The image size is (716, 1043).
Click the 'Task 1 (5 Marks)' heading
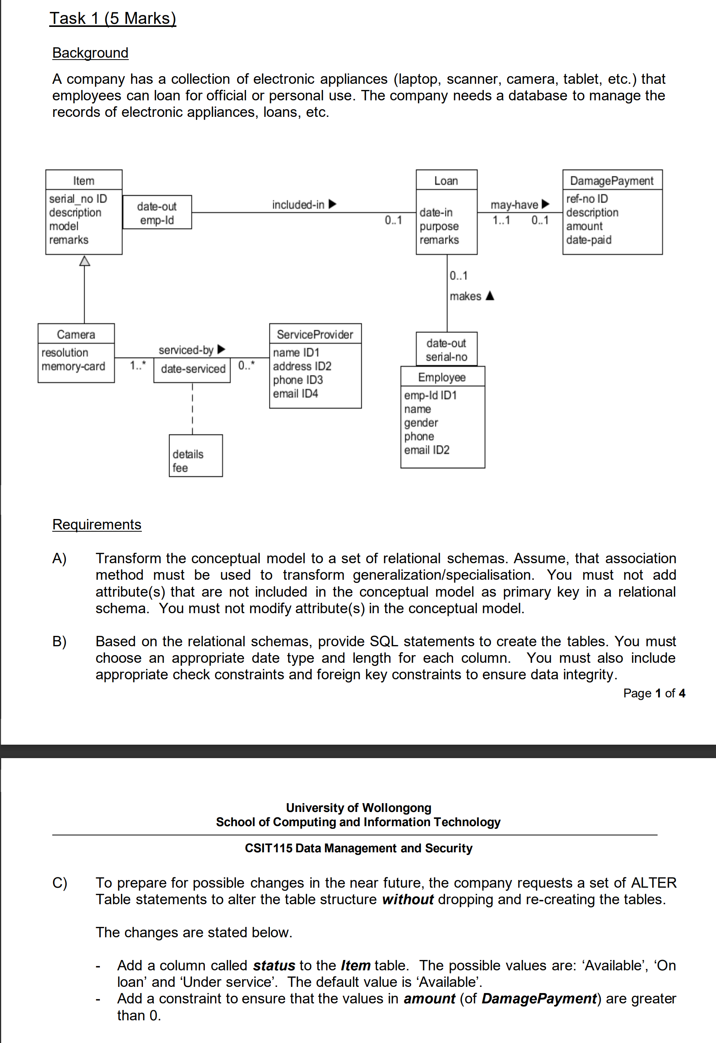pyautogui.click(x=113, y=18)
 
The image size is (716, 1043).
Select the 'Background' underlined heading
pyautogui.click(x=90, y=53)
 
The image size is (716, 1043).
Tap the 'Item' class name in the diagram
pyautogui.click(x=84, y=180)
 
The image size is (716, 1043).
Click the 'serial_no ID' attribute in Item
pyautogui.click(x=78, y=198)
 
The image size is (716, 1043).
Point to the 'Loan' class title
pyautogui.click(x=446, y=180)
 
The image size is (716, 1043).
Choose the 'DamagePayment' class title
pyautogui.click(x=611, y=180)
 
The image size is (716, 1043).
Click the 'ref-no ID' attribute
pyautogui.click(x=587, y=198)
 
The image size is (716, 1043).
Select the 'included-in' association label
pyautogui.click(x=298, y=205)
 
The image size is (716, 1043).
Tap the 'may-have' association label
pyautogui.click(x=514, y=205)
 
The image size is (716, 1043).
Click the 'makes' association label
pyautogui.click(x=465, y=296)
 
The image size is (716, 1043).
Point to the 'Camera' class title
pyautogui.click(x=76, y=334)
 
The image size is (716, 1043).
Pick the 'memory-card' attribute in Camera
pyautogui.click(x=73, y=366)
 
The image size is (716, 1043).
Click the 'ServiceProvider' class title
pyautogui.click(x=315, y=334)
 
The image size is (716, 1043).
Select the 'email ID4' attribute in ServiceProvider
pyautogui.click(x=295, y=394)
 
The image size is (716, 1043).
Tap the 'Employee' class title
pyautogui.click(x=442, y=377)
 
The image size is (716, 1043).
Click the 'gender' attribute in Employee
pyautogui.click(x=421, y=423)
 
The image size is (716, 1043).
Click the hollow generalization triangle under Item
pyautogui.click(x=84, y=261)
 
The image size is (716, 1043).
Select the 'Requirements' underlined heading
pyautogui.click(x=96, y=524)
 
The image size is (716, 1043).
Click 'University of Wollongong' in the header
pyautogui.click(x=359, y=807)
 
